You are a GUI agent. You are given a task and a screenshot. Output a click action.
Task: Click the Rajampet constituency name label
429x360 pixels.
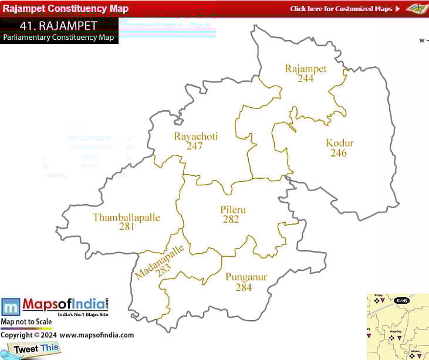pyautogui.click(x=305, y=69)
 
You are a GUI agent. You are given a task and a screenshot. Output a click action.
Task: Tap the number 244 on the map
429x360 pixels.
pyautogui.click(x=305, y=78)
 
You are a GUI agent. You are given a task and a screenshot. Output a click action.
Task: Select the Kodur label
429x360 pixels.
pyautogui.click(x=340, y=143)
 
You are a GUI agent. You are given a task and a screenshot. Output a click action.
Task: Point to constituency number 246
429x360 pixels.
pyautogui.click(x=339, y=153)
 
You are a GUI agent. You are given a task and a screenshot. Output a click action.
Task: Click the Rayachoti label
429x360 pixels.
pyautogui.click(x=196, y=137)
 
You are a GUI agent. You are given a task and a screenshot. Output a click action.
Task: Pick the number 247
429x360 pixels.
pyautogui.click(x=194, y=146)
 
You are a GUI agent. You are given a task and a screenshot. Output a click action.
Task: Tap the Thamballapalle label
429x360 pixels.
pyautogui.click(x=126, y=218)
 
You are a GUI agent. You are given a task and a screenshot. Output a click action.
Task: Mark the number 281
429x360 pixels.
pyautogui.click(x=127, y=226)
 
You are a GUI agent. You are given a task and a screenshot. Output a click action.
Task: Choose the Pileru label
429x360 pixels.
pyautogui.click(x=233, y=210)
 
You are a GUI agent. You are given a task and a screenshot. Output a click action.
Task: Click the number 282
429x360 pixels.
pyautogui.click(x=231, y=219)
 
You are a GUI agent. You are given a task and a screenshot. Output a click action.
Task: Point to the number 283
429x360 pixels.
pyautogui.click(x=164, y=269)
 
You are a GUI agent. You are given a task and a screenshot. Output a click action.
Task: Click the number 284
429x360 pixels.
pyautogui.click(x=244, y=287)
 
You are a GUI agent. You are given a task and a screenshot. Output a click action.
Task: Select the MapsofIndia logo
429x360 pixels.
pyautogui.click(x=55, y=307)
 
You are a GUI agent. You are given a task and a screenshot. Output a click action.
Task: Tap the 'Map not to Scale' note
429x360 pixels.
pyautogui.click(x=26, y=322)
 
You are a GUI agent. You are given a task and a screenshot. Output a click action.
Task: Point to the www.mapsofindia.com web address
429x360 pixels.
pyautogui.click(x=96, y=335)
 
